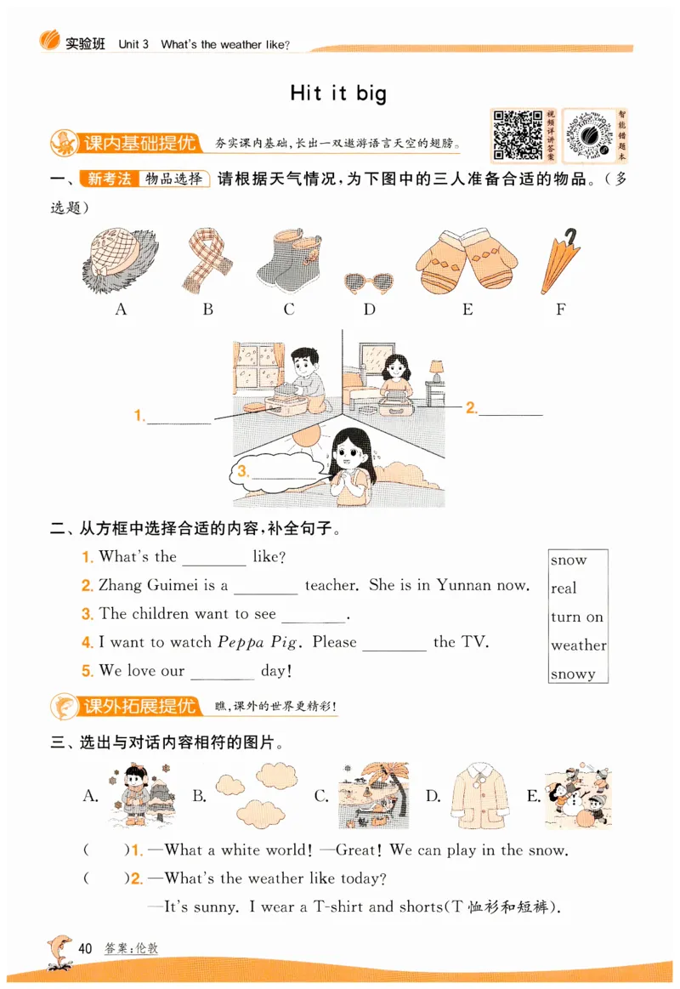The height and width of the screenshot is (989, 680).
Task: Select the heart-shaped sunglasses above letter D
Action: click(x=369, y=281)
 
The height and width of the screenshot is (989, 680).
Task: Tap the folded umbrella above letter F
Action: click(x=559, y=260)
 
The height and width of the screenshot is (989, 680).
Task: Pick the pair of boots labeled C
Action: click(x=289, y=259)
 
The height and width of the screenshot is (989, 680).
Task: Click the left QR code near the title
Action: click(x=517, y=134)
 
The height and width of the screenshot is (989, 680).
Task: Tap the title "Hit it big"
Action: click(x=337, y=93)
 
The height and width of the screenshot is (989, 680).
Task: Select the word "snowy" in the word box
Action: click(x=573, y=674)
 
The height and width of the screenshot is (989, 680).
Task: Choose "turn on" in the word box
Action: click(x=576, y=617)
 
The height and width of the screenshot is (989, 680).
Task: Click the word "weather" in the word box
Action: click(x=578, y=645)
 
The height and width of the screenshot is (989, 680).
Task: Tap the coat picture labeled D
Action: click(x=480, y=796)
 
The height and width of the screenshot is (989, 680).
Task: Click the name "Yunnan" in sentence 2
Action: click(x=467, y=585)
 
